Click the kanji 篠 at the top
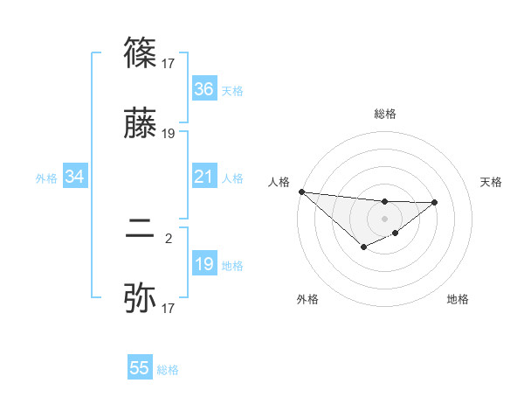[x=141, y=54]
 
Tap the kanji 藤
[x=141, y=126]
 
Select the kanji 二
[x=141, y=229]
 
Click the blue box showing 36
[x=204, y=89]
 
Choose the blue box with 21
[x=204, y=178]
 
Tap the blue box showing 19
[x=204, y=264]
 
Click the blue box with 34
[x=75, y=178]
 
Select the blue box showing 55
[x=140, y=368]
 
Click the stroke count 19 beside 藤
[x=169, y=134]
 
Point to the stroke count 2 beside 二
[x=169, y=236]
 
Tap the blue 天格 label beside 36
[x=232, y=91]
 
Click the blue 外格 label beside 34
[x=46, y=178]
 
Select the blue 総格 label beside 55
[x=168, y=370]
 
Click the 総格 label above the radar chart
[x=385, y=114]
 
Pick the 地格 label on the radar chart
[x=458, y=299]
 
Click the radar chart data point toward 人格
[x=301, y=192]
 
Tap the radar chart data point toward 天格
[x=435, y=202]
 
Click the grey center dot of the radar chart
[x=384, y=218]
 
